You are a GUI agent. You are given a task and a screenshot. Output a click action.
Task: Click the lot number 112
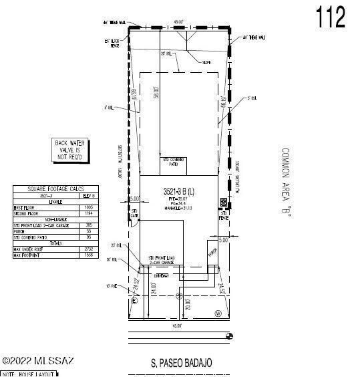331,18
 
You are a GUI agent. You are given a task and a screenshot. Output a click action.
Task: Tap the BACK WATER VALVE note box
71,150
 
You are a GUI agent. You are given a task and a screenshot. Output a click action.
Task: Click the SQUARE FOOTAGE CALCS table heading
55,189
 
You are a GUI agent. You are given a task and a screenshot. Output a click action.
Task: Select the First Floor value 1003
88,208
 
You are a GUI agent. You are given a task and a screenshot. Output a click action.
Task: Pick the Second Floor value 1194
88,214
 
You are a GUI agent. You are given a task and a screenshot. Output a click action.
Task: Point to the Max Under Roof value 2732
88,249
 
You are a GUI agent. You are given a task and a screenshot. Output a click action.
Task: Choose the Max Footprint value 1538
88,255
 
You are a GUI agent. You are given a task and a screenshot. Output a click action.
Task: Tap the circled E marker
135,301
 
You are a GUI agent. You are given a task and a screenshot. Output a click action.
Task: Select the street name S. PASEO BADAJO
181,363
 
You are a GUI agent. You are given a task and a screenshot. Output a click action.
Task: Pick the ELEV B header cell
88,196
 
